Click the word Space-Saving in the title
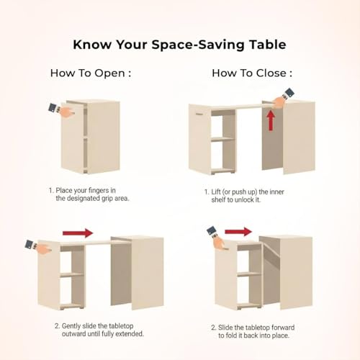(197, 45)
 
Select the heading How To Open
(91, 73)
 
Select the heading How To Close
(252, 73)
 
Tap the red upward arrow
(271, 120)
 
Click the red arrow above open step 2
(78, 233)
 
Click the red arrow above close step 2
(238, 232)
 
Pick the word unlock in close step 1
(243, 200)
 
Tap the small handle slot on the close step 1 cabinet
(199, 114)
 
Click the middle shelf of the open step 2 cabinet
(72, 274)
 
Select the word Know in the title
(92, 45)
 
